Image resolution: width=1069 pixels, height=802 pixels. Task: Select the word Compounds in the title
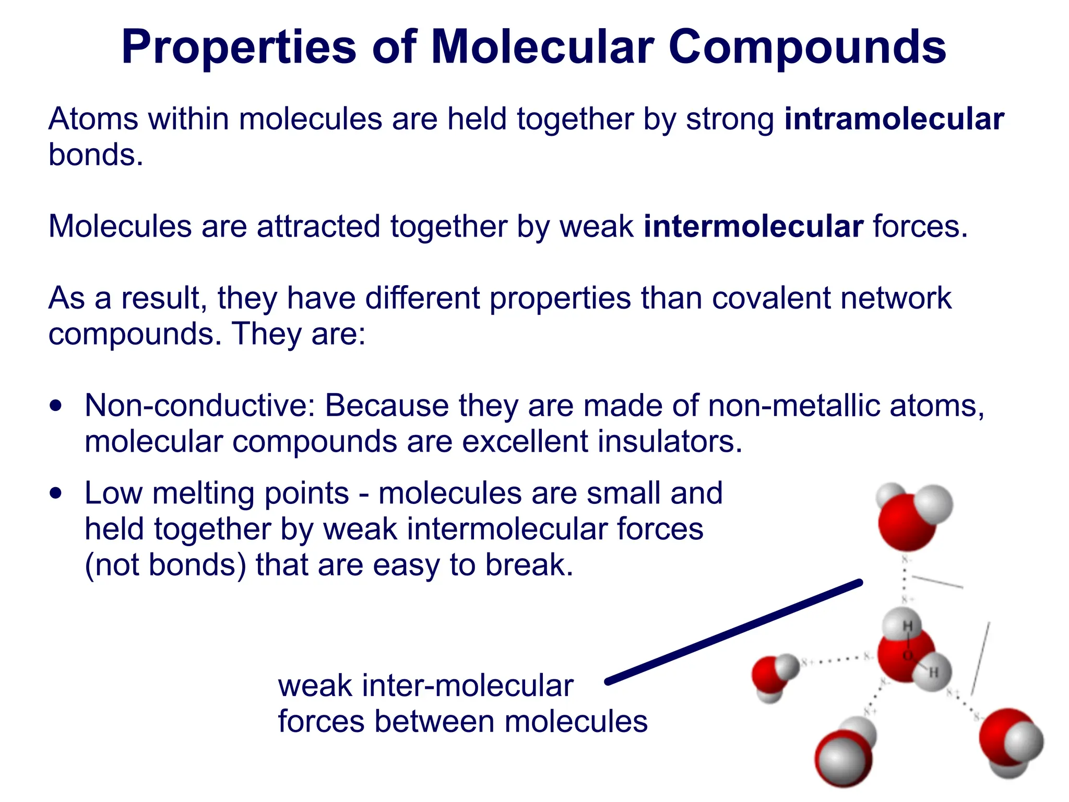(x=807, y=47)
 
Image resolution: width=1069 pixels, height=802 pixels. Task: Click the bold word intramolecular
(x=894, y=119)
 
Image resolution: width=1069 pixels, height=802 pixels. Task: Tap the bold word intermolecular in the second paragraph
(x=753, y=227)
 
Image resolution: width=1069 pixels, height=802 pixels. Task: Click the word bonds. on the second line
(x=96, y=155)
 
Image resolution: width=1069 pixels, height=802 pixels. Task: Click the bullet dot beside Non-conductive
(x=56, y=406)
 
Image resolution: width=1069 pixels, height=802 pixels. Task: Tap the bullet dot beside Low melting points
(x=56, y=493)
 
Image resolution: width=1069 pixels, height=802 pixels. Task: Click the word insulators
(x=670, y=441)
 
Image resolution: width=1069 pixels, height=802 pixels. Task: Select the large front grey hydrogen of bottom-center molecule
(x=841, y=762)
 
